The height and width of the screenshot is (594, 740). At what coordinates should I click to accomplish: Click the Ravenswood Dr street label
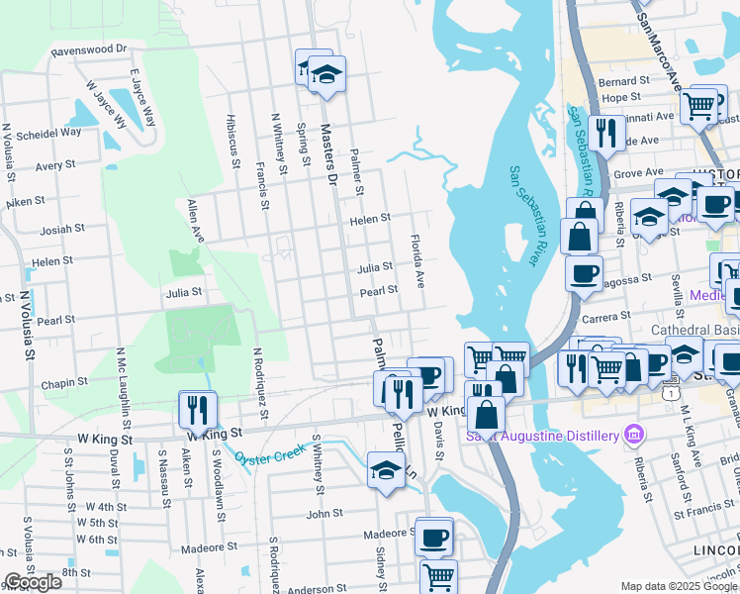90,49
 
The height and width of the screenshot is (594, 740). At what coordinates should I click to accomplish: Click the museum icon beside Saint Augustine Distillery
635,435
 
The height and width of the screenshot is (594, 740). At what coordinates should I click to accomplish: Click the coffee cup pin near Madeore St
434,538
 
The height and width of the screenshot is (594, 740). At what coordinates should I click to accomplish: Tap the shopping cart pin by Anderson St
437,575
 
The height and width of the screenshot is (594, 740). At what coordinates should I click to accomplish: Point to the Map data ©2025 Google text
679,586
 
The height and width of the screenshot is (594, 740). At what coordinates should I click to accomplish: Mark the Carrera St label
606,316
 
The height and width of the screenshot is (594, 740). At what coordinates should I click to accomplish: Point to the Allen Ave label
195,222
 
